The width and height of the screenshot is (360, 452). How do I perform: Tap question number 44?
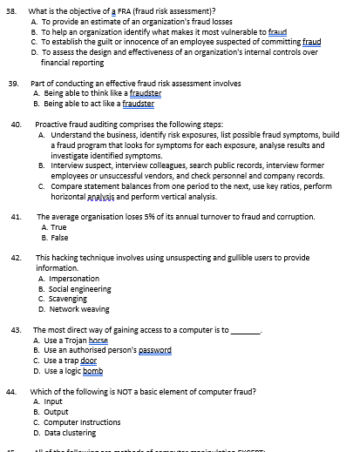pos(13,392)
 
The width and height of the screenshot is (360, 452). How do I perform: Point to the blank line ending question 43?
pos(245,331)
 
